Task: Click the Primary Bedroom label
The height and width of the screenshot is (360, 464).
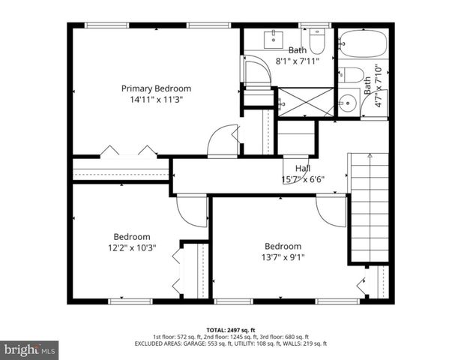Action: point(156,88)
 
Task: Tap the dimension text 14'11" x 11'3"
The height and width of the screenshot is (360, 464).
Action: point(156,98)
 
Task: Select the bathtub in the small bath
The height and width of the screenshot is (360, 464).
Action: point(362,45)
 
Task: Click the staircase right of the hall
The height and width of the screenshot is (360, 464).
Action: point(369,206)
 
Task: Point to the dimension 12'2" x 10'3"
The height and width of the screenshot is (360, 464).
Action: point(131,247)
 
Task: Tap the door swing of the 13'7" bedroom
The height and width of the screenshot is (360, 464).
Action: point(331,210)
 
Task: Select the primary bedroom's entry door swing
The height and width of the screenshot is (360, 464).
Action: point(223,140)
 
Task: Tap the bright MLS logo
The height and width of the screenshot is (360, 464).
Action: point(30,349)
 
